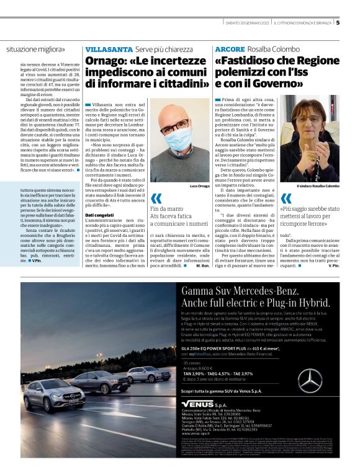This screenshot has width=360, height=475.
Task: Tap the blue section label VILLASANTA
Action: (x=109, y=48)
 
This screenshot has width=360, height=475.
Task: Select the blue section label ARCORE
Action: (x=230, y=48)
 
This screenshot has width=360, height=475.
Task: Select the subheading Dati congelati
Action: (x=100, y=215)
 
